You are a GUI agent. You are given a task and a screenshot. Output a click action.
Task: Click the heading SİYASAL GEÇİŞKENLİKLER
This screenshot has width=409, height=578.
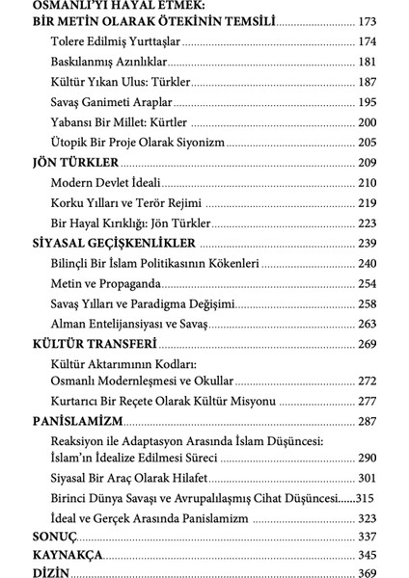point(114,243)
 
